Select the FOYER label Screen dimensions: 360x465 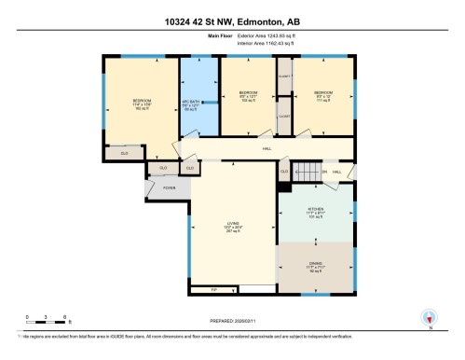pyautogui.click(x=170, y=188)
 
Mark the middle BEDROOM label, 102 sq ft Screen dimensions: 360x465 pyautogui.click(x=247, y=95)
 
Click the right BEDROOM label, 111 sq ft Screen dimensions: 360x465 pyautogui.click(x=323, y=95)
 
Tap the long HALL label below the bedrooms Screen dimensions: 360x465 pyautogui.click(x=267, y=148)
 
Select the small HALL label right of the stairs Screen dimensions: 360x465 pyautogui.click(x=336, y=172)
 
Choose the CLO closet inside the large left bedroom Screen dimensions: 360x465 pyautogui.click(x=123, y=151)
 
